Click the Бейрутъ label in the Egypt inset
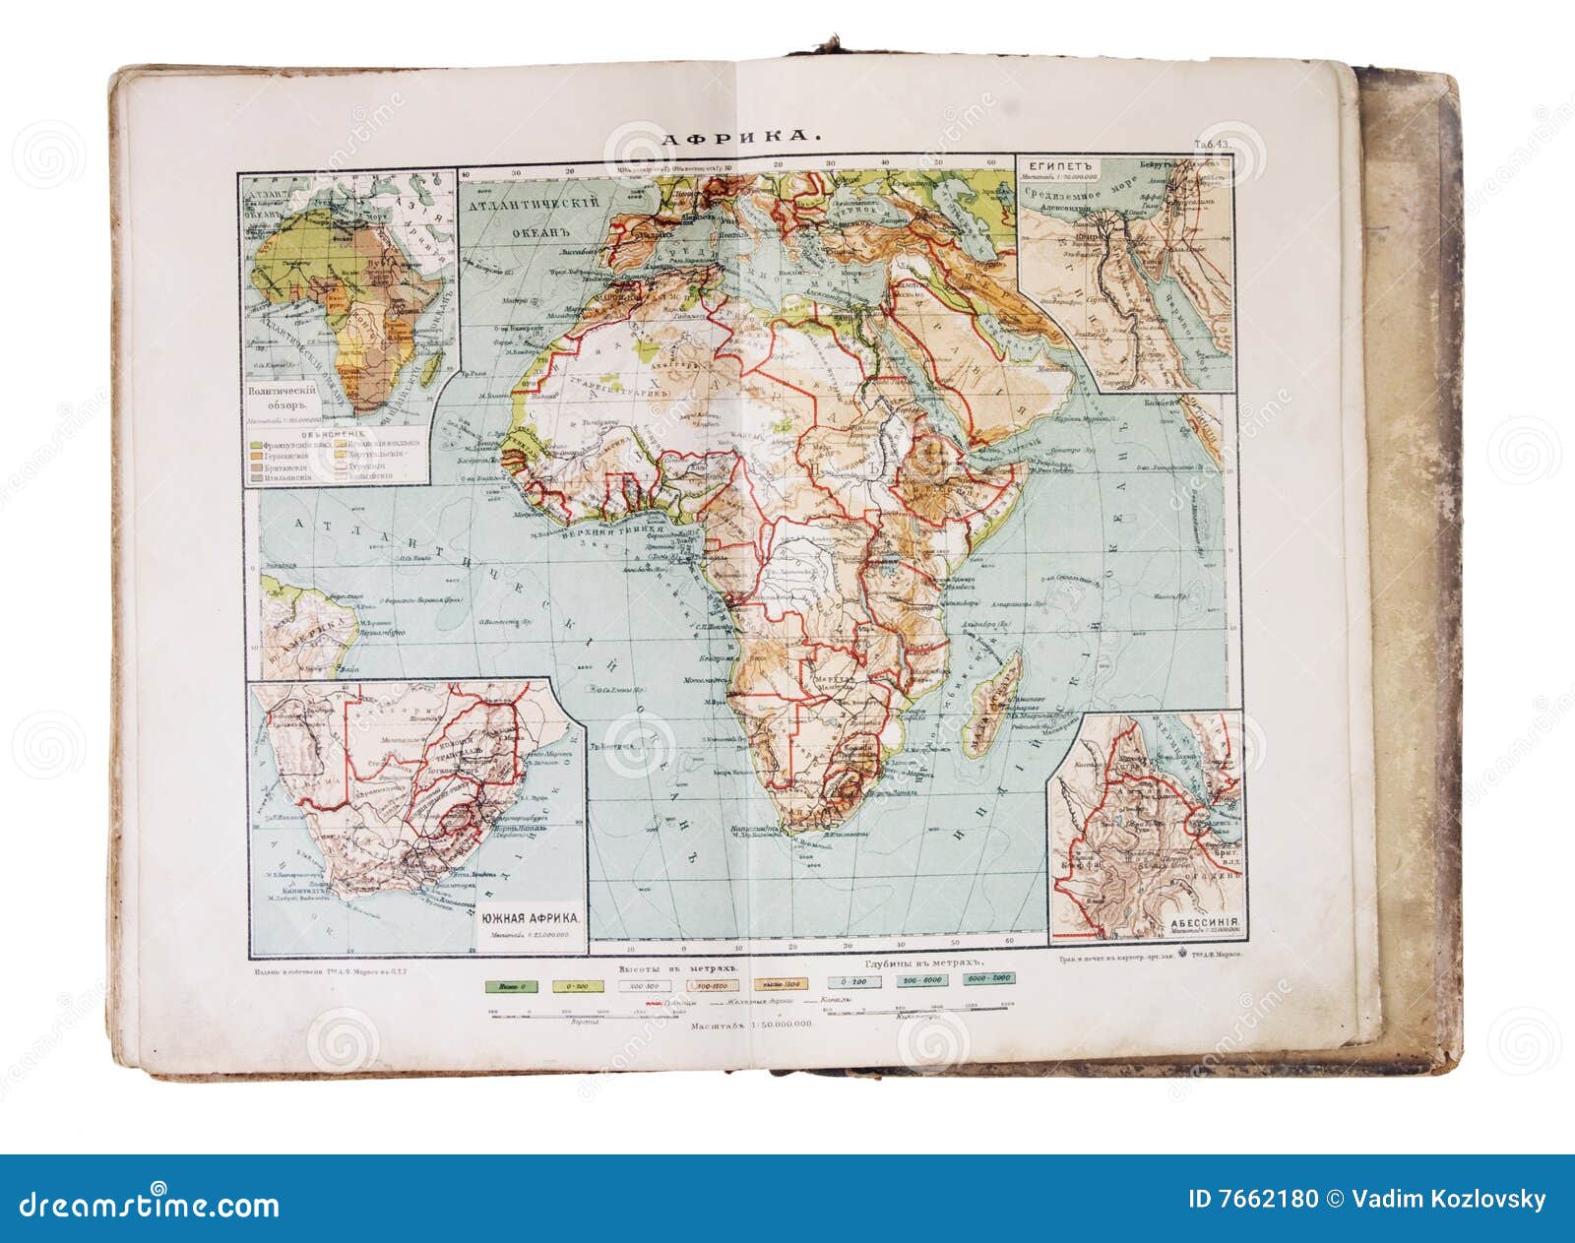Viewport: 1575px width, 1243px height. pyautogui.click(x=1158, y=165)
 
